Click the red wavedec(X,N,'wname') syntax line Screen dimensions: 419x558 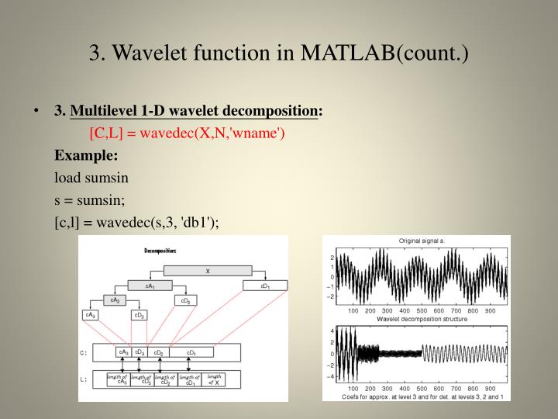point(188,133)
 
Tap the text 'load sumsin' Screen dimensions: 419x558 point(91,177)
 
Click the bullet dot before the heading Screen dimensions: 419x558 point(36,111)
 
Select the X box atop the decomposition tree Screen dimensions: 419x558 point(208,271)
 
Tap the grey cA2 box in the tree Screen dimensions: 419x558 point(115,300)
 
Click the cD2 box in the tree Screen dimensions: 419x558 point(186,300)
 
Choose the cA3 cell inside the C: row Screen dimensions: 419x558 point(122,351)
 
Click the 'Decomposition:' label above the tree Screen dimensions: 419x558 point(160,251)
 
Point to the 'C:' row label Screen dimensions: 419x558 point(85,352)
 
